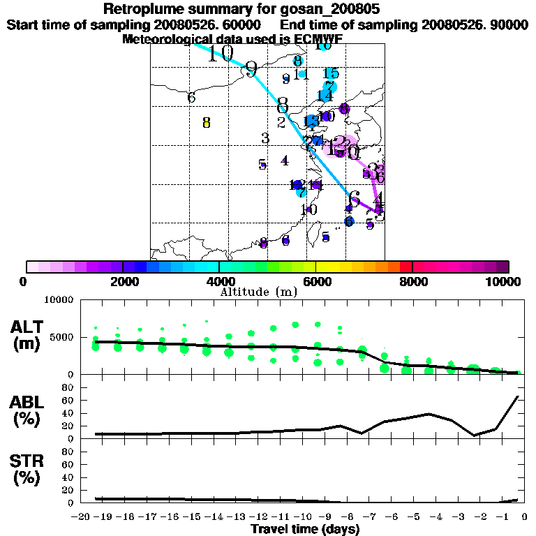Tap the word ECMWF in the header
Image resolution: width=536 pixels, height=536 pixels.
point(320,39)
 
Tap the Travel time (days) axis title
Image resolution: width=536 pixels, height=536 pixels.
point(305,529)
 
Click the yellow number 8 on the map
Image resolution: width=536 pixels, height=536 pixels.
point(206,123)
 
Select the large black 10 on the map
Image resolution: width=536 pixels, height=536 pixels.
point(221,54)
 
